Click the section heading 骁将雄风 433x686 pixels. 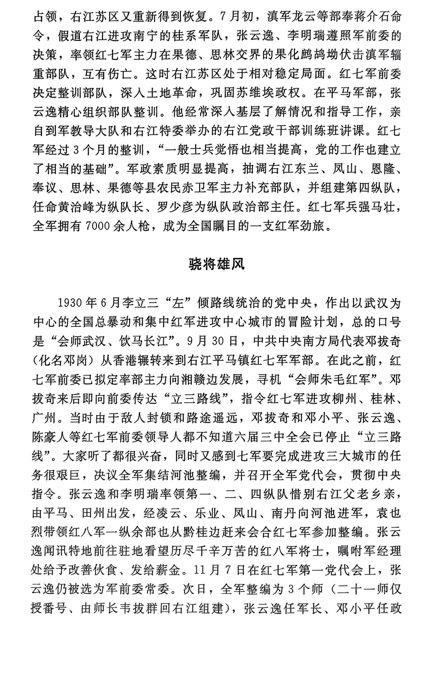(216, 264)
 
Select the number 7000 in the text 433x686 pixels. (99, 226)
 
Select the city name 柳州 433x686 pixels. (347, 399)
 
